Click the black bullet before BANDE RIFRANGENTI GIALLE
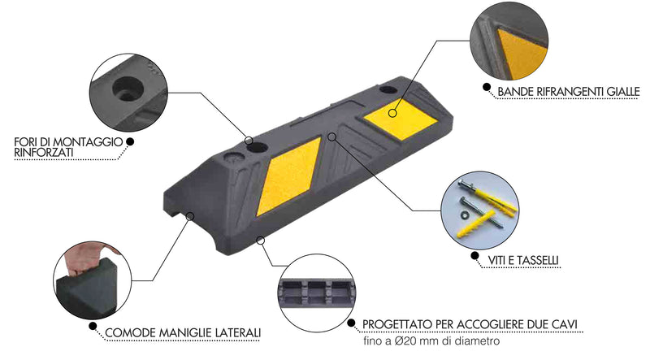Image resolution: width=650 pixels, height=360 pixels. (486, 85)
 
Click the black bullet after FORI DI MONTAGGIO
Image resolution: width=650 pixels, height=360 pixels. (130, 142)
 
